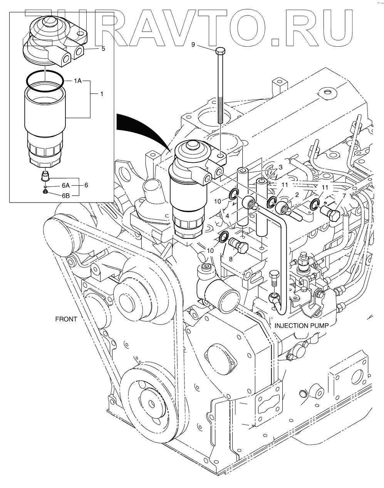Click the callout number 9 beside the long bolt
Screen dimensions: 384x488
193,45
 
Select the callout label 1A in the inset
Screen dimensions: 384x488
78,81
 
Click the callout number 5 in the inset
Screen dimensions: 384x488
103,49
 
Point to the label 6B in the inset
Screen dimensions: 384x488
66,196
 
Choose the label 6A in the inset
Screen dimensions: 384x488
65,186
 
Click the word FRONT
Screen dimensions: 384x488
66,319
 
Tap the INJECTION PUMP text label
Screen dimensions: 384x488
301,326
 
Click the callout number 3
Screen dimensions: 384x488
280,167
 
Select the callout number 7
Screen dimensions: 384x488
344,196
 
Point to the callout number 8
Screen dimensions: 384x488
231,259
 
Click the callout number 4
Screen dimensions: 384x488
227,216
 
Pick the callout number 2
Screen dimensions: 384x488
297,194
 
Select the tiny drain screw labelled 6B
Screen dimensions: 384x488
45,192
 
